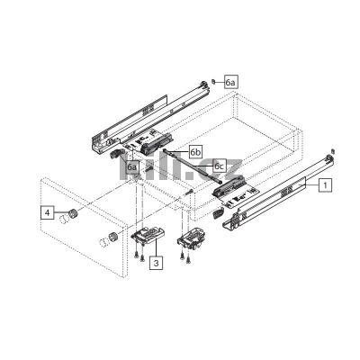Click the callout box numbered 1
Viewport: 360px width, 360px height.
pos(325,183)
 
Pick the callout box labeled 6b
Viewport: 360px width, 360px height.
pos(195,152)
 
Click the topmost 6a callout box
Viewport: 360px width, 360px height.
pos(231,82)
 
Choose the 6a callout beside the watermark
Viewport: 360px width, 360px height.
pos(132,166)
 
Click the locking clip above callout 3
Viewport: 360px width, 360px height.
pos(145,237)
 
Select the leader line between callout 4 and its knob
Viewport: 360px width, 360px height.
pos(56,214)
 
